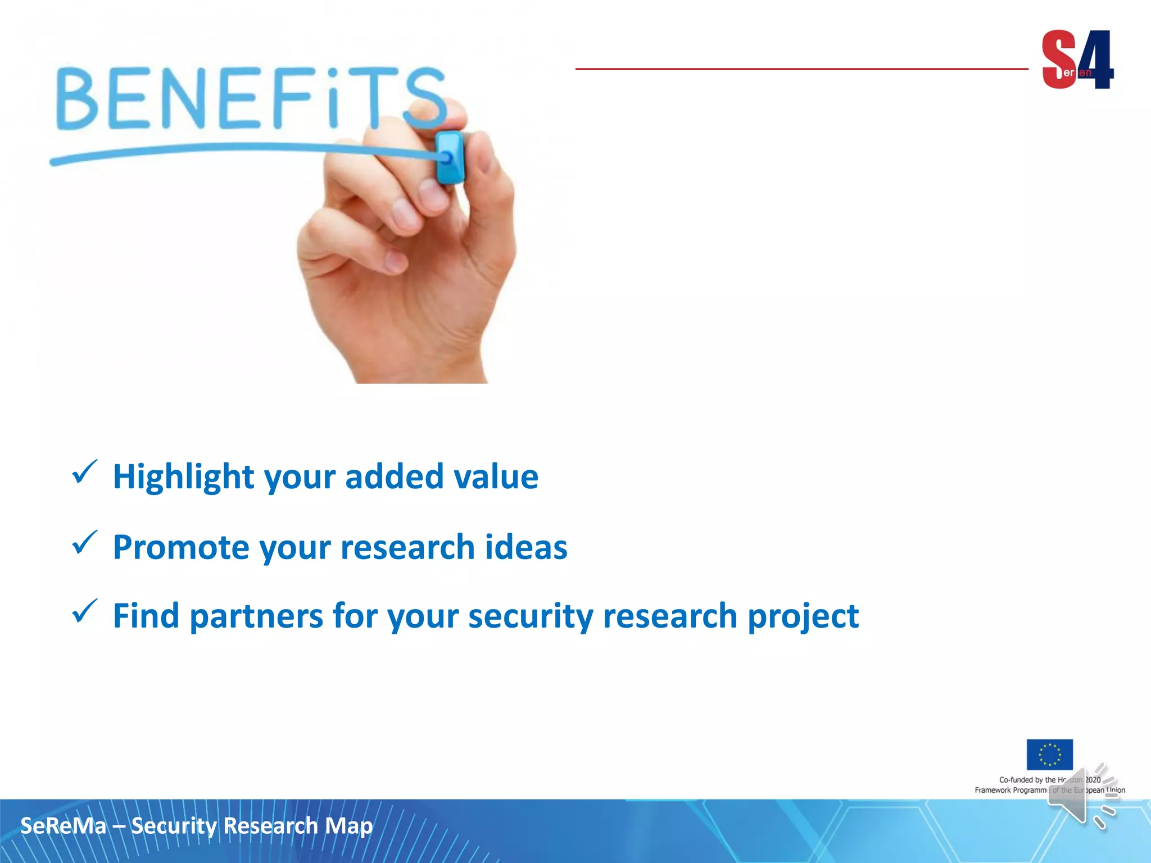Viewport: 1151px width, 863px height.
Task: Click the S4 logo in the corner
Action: tap(1077, 60)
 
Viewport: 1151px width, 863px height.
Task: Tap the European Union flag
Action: tap(1049, 754)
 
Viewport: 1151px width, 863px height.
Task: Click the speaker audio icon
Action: tap(1082, 796)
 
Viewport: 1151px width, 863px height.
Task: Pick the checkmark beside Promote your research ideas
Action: tap(84, 543)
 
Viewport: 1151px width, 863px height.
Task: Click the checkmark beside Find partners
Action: tap(84, 611)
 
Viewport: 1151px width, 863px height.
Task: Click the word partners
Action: tap(256, 616)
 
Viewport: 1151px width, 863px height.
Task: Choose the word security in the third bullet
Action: tap(531, 616)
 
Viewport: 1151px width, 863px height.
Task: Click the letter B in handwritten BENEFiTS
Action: tap(78, 99)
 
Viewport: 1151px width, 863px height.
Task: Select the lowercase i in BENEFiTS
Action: tap(334, 98)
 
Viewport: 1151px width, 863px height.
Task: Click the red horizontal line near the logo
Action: tap(801, 69)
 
